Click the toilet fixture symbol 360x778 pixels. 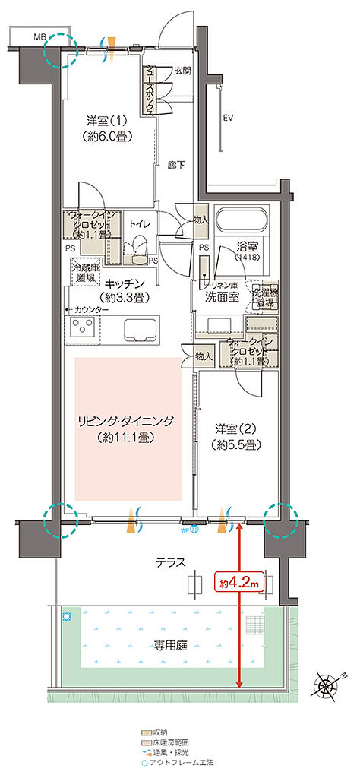138,247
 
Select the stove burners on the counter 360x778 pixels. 82,328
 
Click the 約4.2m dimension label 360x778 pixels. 240,583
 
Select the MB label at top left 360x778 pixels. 38,36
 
